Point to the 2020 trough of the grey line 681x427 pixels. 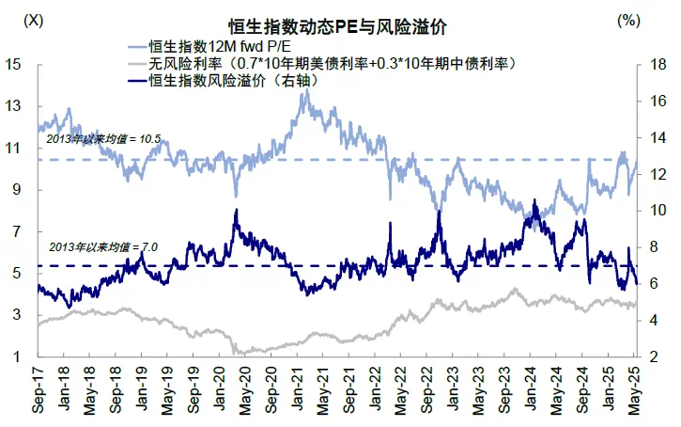pos(239,354)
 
